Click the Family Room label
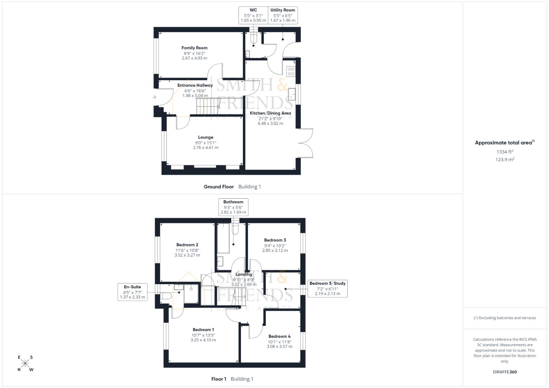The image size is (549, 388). tap(194, 48)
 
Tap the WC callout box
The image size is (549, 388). tap(253, 15)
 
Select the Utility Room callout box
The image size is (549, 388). tap(283, 15)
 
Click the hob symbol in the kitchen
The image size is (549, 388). tap(291, 71)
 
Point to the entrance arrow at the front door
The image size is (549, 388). tap(154, 97)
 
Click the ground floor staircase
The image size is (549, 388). tap(208, 106)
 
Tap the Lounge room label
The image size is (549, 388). tap(205, 137)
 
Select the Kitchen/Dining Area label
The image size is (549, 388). tap(270, 113)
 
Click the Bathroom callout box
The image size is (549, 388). tap(233, 207)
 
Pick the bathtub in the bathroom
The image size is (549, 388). tap(223, 239)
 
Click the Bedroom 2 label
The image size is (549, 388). tap(187, 245)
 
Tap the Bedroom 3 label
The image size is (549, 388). tap(275, 240)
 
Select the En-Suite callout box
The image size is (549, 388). tap(132, 292)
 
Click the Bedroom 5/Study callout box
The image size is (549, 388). tap(328, 288)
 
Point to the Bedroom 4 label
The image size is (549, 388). tap(279, 337)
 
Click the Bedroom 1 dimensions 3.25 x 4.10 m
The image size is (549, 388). tap(203, 340)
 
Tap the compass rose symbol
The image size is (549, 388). tap(25, 363)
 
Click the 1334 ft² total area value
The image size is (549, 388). tap(505, 152)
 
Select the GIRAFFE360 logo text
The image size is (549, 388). tap(505, 372)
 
